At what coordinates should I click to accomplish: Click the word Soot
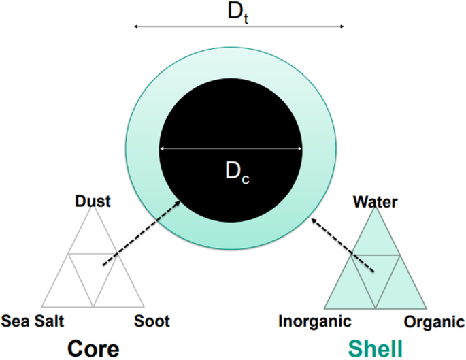pos(152,321)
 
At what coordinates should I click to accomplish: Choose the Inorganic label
pos(314,321)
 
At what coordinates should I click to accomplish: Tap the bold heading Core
pos(94,348)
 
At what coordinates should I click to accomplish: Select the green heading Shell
pos(376,348)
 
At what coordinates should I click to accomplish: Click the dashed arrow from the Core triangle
pos(139,231)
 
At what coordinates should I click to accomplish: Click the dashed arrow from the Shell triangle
pos(342,244)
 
